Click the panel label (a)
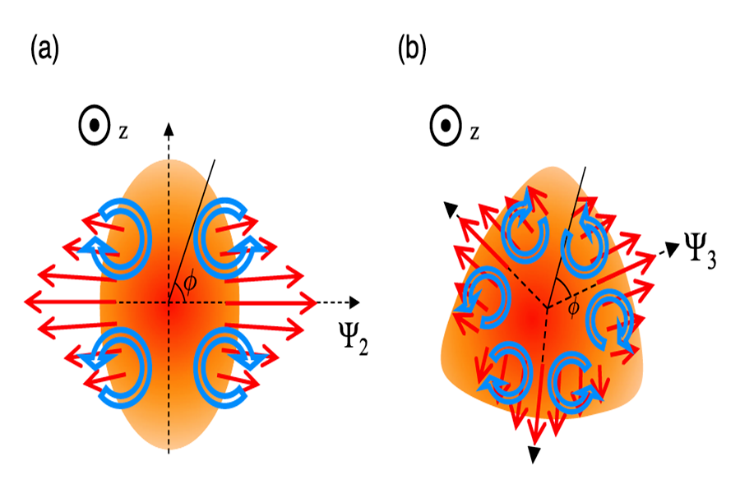click(x=45, y=49)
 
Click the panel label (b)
click(x=412, y=49)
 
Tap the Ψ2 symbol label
click(x=354, y=338)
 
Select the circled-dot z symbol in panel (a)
click(x=95, y=126)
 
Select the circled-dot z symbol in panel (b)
click(x=446, y=127)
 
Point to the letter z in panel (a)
click(x=123, y=131)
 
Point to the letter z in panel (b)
click(x=474, y=132)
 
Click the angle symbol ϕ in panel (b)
click(x=573, y=308)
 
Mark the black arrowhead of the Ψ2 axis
click(x=354, y=302)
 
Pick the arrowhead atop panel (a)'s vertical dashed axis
click(x=169, y=129)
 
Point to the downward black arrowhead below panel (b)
click(x=534, y=454)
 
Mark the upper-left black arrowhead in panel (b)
click(x=451, y=210)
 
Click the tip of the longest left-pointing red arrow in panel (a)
click(x=25, y=302)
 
